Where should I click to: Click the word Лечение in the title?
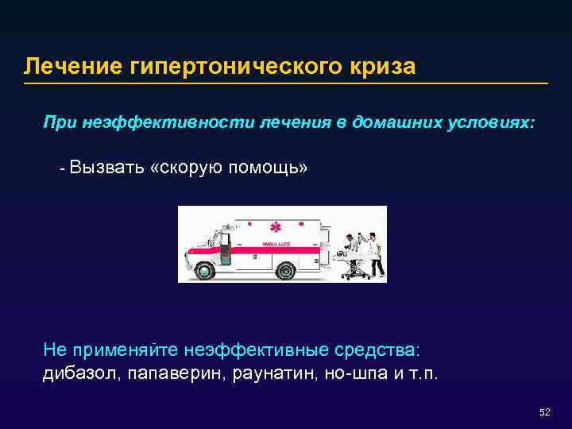[72, 66]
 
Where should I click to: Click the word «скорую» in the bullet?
[186, 168]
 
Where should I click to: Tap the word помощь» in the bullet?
[268, 168]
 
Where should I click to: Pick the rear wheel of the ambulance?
[284, 270]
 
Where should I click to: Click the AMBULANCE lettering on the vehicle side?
[276, 243]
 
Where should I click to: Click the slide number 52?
[544, 412]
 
